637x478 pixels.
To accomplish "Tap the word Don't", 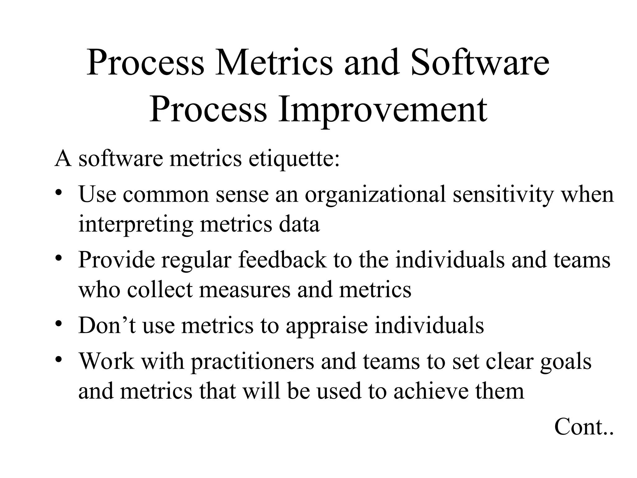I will click(x=107, y=326).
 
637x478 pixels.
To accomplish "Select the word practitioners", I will click(x=252, y=362).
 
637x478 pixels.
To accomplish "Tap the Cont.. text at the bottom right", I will click(x=584, y=427).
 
